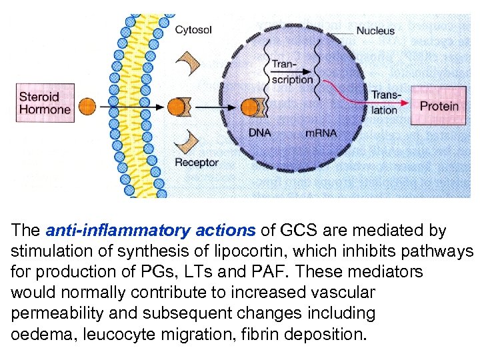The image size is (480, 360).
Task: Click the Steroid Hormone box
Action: coord(45,103)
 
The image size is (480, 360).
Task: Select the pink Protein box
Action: coord(439,105)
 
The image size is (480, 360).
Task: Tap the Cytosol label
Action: coord(194,29)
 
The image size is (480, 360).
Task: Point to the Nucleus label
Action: coord(375,30)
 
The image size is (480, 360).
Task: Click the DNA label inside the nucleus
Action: coord(259,133)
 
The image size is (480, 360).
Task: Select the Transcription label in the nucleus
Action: coord(291,72)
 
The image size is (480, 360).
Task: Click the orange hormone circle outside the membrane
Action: coord(87,106)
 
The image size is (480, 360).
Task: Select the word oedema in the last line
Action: coord(39,333)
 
